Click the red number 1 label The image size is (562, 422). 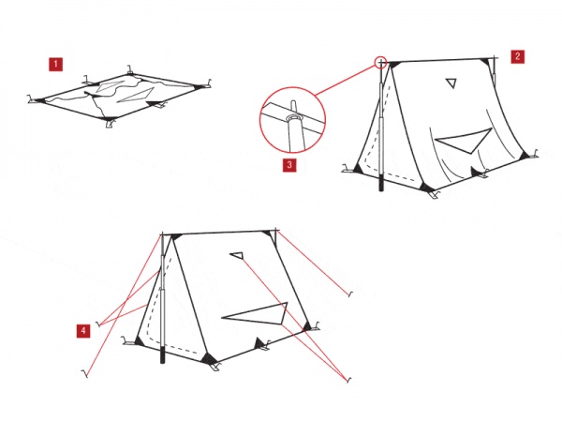point(55,65)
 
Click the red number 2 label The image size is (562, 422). point(518,56)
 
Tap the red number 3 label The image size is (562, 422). point(289,165)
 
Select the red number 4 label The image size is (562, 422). point(83,330)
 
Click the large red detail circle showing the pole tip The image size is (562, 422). point(259,120)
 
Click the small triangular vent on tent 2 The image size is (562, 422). point(451,83)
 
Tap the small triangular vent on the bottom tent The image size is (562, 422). point(237,255)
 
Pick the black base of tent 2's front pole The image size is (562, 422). point(381,183)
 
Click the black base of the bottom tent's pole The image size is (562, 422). point(163,354)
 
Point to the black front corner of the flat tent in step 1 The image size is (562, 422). point(107,118)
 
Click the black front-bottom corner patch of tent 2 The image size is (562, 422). point(426,188)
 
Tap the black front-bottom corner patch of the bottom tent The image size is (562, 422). point(209,358)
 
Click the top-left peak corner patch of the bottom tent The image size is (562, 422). point(175,236)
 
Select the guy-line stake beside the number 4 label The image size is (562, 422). point(97,324)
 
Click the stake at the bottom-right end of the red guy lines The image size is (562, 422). point(348,381)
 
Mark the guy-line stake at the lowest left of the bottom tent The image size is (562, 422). point(85,374)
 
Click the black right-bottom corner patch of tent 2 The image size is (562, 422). point(524,156)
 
